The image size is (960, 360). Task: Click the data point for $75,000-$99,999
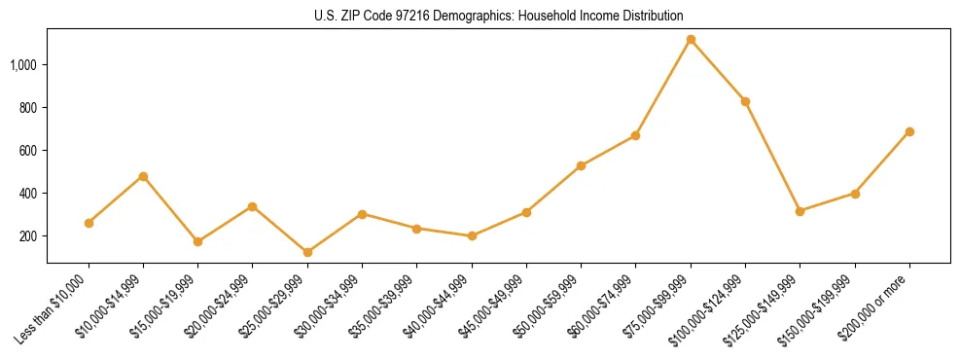(x=691, y=40)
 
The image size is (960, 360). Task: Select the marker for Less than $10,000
(x=89, y=223)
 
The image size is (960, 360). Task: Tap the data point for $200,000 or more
(x=909, y=131)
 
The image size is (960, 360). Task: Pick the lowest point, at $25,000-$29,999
(x=308, y=252)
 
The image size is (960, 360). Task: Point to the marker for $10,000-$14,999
(x=144, y=176)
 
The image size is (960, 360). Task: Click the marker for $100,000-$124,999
(x=745, y=101)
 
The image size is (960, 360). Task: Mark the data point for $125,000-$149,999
(x=800, y=211)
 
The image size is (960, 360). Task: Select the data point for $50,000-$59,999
(x=581, y=165)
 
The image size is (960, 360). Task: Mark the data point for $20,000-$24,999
(x=253, y=206)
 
